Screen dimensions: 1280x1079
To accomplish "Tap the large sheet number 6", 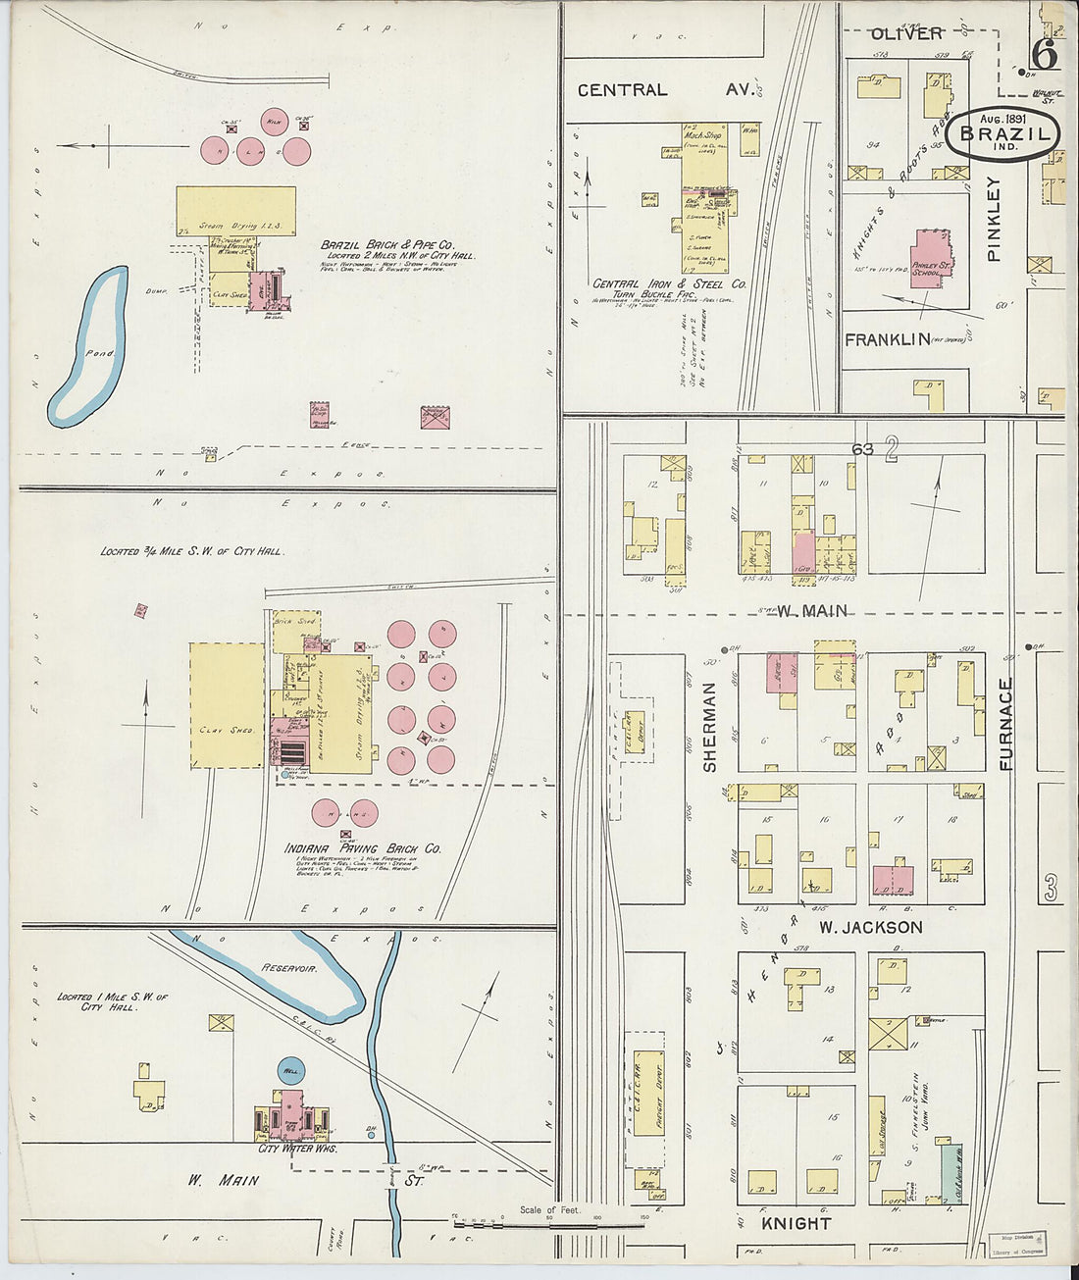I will [1045, 56].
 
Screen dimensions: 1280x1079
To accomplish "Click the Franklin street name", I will [887, 339].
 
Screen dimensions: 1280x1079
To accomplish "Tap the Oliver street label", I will [906, 34].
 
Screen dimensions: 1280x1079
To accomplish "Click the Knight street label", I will [796, 1223].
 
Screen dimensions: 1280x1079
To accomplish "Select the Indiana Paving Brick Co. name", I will [362, 848].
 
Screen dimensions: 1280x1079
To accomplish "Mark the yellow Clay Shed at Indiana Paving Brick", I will [227, 705].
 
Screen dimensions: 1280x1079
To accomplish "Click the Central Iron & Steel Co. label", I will [669, 283].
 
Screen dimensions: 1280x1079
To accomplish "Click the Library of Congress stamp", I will [1016, 1245].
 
